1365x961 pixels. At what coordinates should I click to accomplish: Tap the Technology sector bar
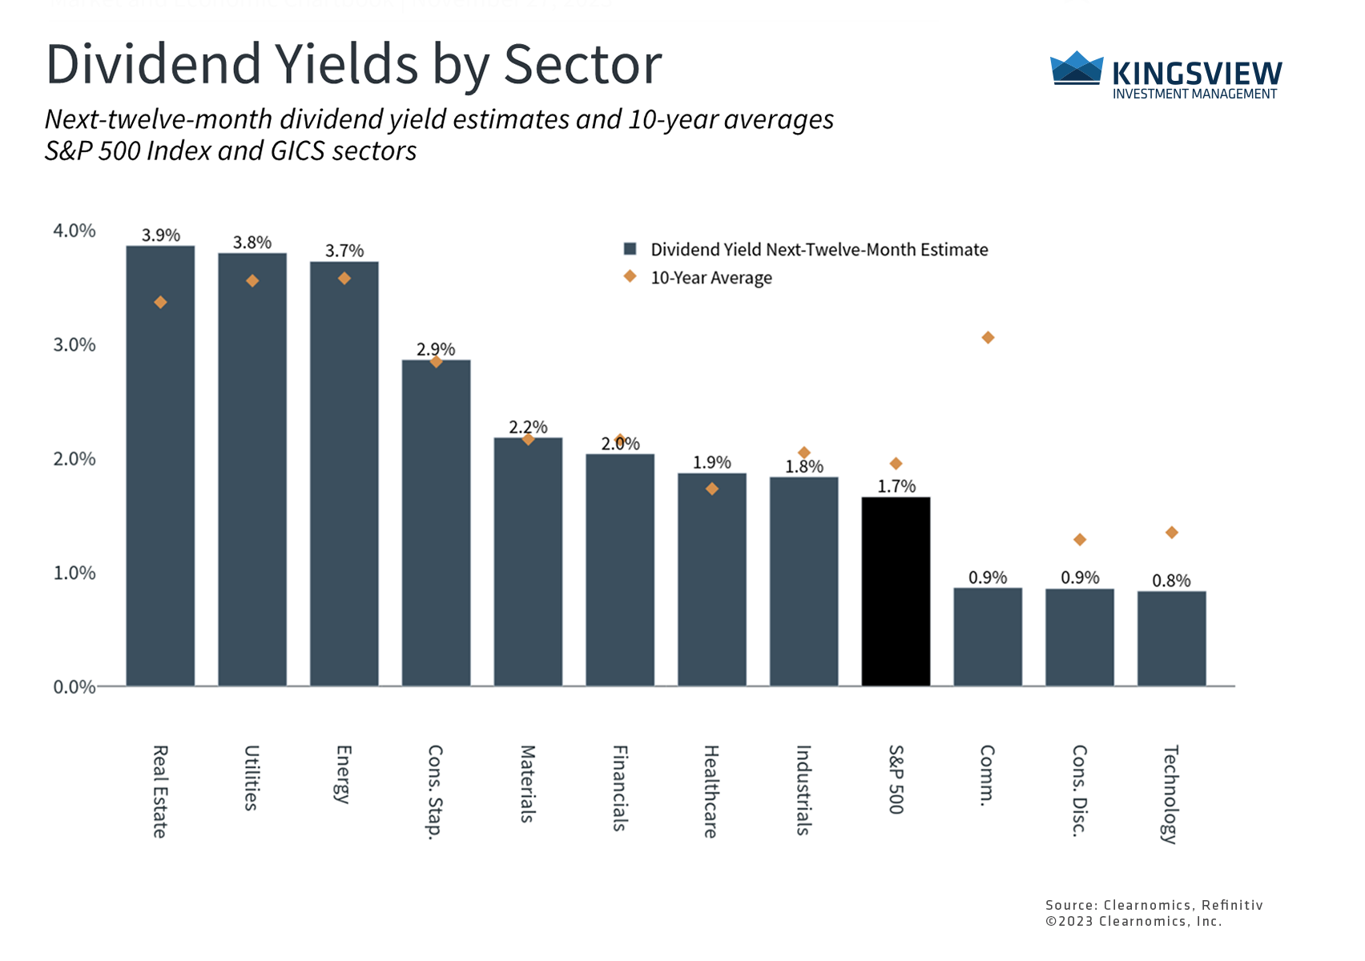coord(1171,638)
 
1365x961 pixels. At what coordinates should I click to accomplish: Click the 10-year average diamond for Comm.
coord(988,338)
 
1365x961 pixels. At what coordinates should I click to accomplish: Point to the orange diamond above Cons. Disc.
coord(1080,540)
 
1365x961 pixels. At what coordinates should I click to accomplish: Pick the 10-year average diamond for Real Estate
coord(160,302)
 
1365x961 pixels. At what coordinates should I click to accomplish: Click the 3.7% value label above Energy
coord(344,251)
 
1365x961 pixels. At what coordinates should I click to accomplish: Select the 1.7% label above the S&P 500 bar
coord(896,486)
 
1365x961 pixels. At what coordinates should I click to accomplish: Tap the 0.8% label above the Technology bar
coord(1171,581)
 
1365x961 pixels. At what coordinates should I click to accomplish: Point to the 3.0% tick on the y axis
coord(74,345)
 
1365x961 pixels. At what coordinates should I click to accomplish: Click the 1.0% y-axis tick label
coord(74,573)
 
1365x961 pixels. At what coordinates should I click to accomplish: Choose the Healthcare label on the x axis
coord(711,791)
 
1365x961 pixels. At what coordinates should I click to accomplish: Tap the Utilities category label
coord(252,778)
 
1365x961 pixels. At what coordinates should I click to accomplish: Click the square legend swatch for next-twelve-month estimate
coord(630,249)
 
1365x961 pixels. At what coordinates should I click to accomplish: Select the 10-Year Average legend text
coord(711,278)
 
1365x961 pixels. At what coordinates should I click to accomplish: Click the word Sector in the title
coord(582,64)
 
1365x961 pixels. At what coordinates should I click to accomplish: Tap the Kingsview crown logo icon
coord(1076,69)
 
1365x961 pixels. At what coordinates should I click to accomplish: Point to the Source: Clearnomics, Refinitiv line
coord(1154,905)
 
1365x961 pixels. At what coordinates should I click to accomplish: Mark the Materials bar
coord(528,561)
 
